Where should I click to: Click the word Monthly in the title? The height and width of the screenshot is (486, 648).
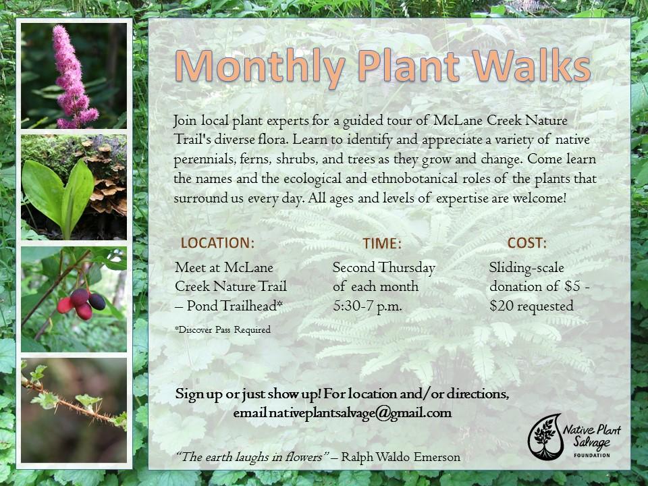pyautogui.click(x=260, y=67)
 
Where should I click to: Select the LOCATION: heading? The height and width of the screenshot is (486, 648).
pyautogui.click(x=217, y=242)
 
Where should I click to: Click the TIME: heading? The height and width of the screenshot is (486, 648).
pyautogui.click(x=382, y=244)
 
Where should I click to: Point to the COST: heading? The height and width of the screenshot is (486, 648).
pyautogui.click(x=527, y=242)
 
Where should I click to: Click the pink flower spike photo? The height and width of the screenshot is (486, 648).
pyautogui.click(x=74, y=76)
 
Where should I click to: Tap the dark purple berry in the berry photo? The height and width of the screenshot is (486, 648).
pyautogui.click(x=97, y=302)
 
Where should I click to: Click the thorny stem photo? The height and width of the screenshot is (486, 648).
pyautogui.click(x=74, y=410)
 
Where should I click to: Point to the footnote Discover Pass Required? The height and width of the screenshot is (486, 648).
pyautogui.click(x=223, y=329)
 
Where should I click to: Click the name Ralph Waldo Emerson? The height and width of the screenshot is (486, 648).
pyautogui.click(x=400, y=457)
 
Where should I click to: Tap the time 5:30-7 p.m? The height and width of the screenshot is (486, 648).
pyautogui.click(x=367, y=306)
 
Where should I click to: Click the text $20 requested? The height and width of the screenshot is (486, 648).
pyautogui.click(x=531, y=306)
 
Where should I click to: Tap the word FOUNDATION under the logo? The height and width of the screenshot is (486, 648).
pyautogui.click(x=592, y=455)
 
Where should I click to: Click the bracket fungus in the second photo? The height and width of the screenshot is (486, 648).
pyautogui.click(x=106, y=182)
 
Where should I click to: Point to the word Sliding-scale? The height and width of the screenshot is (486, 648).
pyautogui.click(x=526, y=268)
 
